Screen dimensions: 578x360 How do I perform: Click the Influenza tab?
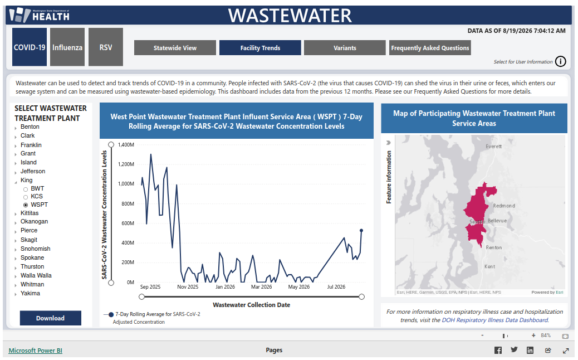coord(67,47)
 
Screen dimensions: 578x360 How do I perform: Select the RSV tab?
coord(106,47)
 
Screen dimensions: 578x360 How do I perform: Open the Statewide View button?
coord(175,48)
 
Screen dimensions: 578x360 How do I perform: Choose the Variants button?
coord(345,48)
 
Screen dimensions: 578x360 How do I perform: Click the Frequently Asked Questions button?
coord(430,48)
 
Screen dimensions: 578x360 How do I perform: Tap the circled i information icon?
coord(560,61)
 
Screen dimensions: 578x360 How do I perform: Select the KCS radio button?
coord(26,197)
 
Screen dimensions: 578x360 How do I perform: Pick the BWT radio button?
coord(26,189)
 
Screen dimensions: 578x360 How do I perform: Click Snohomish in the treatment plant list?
coord(36,249)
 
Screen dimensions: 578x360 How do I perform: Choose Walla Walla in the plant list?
coord(36,275)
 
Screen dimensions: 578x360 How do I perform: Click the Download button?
coord(51,318)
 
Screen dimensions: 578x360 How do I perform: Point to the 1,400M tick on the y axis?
coord(126,144)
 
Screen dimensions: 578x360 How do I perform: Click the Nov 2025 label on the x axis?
coord(188,286)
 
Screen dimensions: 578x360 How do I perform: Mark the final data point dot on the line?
coord(361,231)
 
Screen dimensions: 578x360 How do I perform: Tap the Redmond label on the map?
coord(504,206)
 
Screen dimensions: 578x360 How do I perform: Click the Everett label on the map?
coord(493,147)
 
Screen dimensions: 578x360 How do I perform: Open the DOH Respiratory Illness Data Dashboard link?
coord(494,320)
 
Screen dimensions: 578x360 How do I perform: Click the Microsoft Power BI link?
coord(36,351)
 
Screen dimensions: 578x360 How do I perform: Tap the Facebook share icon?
coord(498,350)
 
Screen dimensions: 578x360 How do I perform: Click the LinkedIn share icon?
coord(530,350)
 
